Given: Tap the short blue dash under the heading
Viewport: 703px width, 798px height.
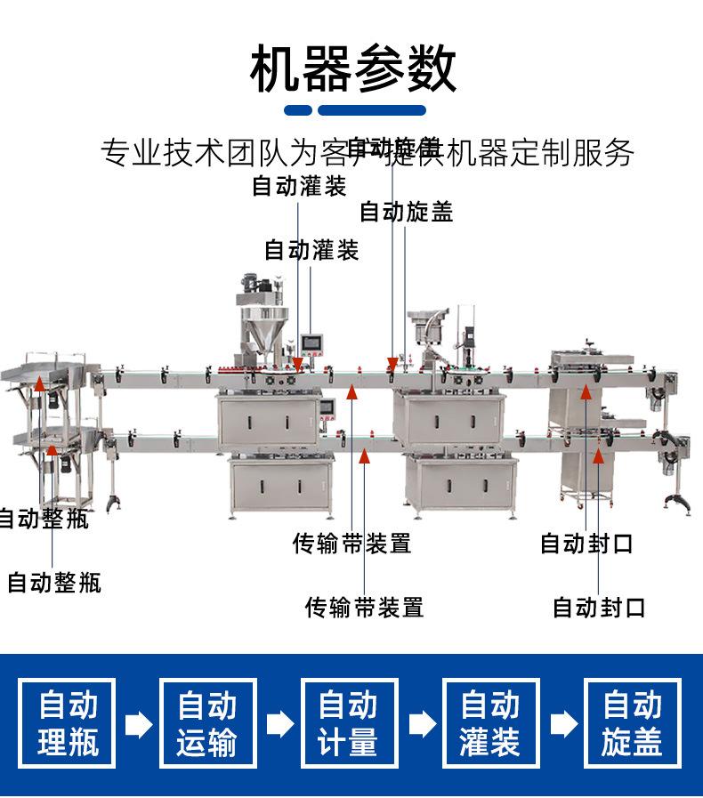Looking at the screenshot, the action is point(297,110).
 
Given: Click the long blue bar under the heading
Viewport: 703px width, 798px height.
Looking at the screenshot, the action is point(372,110).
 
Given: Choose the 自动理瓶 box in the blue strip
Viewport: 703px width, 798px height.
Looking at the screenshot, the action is point(68,723).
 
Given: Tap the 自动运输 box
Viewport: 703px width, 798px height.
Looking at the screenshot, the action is point(207,723).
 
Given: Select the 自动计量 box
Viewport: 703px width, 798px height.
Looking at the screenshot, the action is point(349,723).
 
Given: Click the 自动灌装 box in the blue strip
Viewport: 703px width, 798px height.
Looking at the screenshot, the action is point(490,723).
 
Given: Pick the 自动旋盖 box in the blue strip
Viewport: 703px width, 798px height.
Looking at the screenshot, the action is point(632,723).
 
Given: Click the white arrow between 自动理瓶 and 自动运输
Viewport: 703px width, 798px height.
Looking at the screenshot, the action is point(138,724).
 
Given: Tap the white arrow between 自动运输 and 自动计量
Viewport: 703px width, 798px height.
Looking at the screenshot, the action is point(279,724).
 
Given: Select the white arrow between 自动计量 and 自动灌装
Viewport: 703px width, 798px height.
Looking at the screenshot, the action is point(421,724).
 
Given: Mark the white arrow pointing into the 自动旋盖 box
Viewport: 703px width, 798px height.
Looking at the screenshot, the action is point(562,724).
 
